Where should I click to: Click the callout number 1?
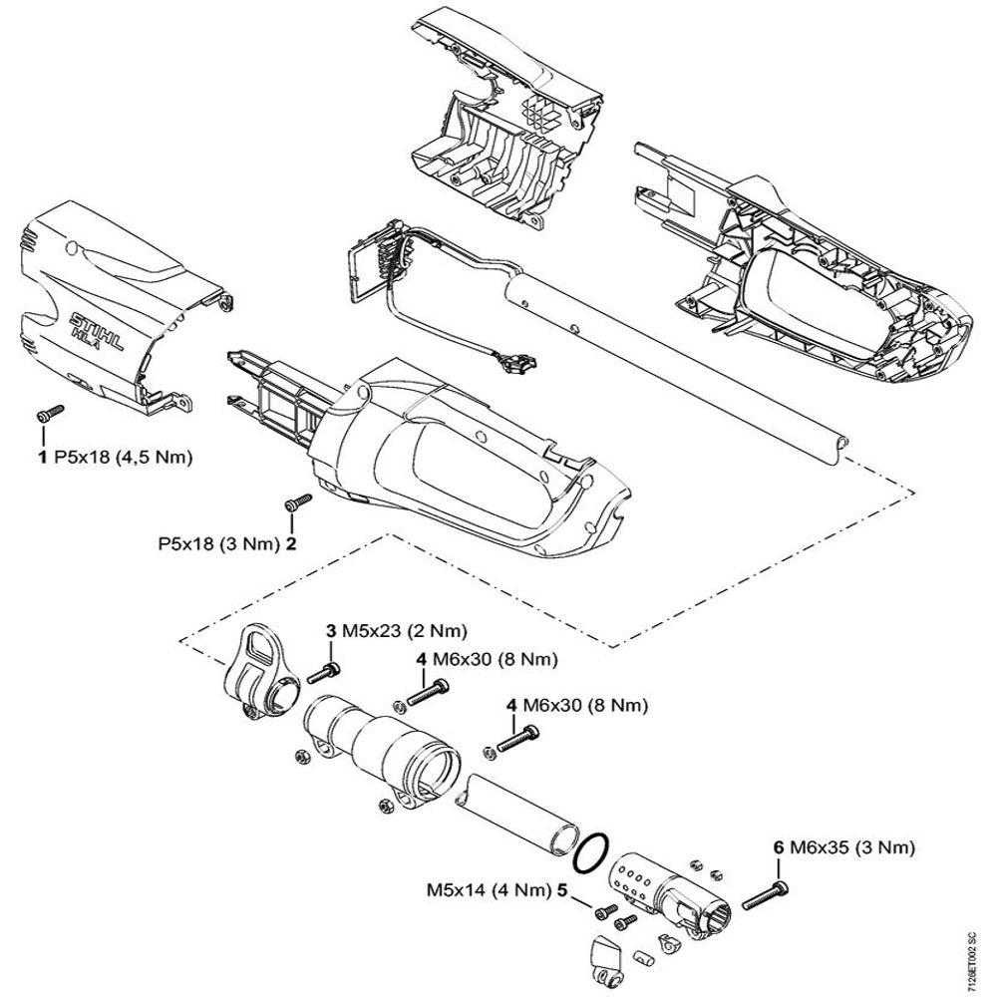pyautogui.click(x=42, y=459)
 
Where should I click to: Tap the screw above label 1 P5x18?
pyautogui.click(x=48, y=412)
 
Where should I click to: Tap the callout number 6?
pyautogui.click(x=778, y=848)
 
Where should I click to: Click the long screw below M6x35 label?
pyautogui.click(x=767, y=892)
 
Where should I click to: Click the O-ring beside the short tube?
pyautogui.click(x=591, y=849)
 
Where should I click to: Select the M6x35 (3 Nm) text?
pyautogui.click(x=852, y=848)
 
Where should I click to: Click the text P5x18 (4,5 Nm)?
pyautogui.click(x=123, y=459)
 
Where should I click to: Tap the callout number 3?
pyautogui.click(x=330, y=631)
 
